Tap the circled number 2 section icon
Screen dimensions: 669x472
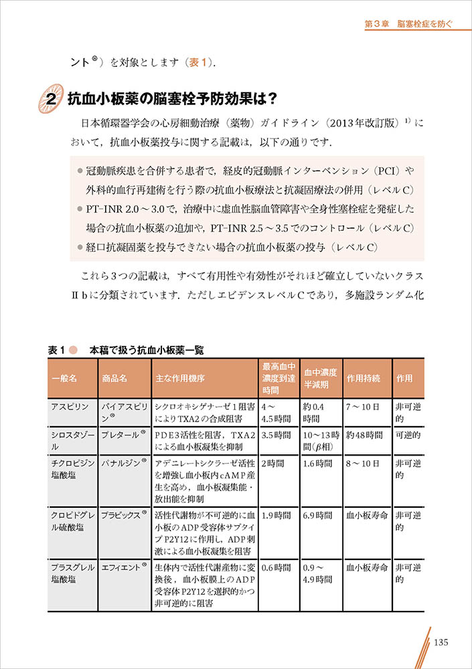pyautogui.click(x=50, y=99)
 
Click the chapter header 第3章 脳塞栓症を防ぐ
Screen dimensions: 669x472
pyautogui.click(x=408, y=23)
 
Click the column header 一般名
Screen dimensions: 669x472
pyautogui.click(x=64, y=378)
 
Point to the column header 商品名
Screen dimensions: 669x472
pyautogui.click(x=114, y=378)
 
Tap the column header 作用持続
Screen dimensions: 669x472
pyautogui.click(x=364, y=378)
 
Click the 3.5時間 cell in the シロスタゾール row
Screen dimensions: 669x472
pyautogui.click(x=276, y=435)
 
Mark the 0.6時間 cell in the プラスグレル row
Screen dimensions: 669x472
pyautogui.click(x=276, y=567)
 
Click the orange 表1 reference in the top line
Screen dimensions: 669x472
pyautogui.click(x=200, y=62)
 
